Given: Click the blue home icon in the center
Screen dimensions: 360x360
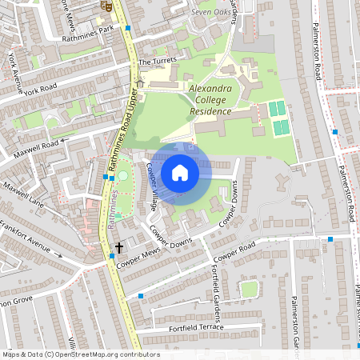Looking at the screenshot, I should pos(180,172).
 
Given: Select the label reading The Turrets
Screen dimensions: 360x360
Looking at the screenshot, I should pos(155,62).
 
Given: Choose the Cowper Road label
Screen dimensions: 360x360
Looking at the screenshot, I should pos(234,251).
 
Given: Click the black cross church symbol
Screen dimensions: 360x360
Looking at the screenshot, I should pos(119,247).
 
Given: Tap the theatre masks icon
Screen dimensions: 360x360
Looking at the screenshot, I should pos(105,6).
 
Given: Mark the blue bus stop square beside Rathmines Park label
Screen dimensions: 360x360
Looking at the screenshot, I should pos(128,29).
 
